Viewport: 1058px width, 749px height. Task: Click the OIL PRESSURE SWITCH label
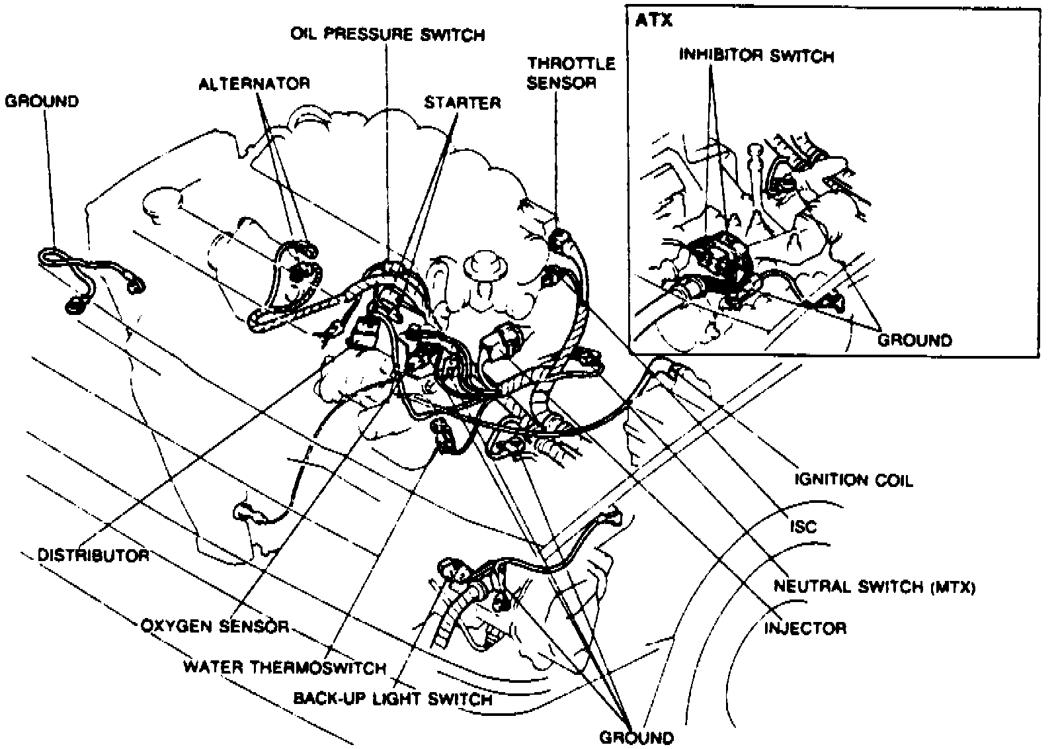point(387,34)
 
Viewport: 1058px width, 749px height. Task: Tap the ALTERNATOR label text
point(254,83)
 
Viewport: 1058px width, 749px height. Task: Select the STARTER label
point(462,103)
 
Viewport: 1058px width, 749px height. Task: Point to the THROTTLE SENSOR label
point(571,73)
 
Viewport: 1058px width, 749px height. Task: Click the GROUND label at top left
point(42,101)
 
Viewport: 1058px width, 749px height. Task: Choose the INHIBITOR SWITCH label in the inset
point(756,56)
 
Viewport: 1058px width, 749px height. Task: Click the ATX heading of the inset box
point(653,21)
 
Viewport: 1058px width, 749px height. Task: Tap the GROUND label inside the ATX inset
point(915,340)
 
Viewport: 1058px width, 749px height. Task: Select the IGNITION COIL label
point(853,480)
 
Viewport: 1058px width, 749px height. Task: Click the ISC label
point(803,526)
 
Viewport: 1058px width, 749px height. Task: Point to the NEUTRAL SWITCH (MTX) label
point(874,586)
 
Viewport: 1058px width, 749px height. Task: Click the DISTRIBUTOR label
point(93,554)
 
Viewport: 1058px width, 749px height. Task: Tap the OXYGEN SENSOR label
point(215,625)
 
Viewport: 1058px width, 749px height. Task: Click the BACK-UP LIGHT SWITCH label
point(392,699)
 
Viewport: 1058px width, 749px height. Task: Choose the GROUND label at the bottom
point(637,737)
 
